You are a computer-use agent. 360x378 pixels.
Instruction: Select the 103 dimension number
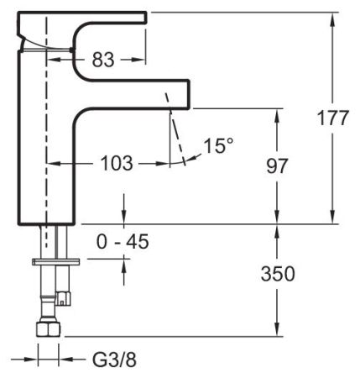coord(117,164)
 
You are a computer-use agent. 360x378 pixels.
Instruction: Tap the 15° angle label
coord(218,146)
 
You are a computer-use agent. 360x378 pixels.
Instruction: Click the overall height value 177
coord(333,118)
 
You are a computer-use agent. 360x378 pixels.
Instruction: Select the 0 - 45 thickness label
coord(123,242)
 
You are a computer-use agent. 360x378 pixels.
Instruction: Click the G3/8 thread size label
coord(112,360)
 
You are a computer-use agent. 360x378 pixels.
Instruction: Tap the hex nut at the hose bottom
coord(48,329)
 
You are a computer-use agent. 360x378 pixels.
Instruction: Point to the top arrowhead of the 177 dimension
coord(333,17)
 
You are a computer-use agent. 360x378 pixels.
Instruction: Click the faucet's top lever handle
coord(84,17)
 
